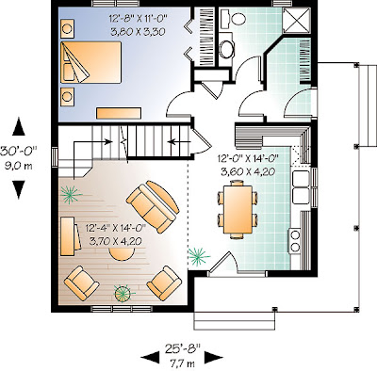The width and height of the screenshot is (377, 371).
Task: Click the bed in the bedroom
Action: tap(90, 62)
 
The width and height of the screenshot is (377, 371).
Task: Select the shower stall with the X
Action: tap(297, 20)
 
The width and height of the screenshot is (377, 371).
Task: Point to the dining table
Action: tap(238, 210)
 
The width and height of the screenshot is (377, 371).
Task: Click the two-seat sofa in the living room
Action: tap(153, 207)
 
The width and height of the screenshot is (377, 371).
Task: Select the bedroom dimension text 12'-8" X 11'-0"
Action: tap(138, 19)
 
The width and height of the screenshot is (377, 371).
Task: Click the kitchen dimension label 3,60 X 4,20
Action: tap(248, 171)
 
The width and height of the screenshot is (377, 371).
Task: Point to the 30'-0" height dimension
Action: tap(18, 151)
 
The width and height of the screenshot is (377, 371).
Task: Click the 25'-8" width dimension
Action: tap(182, 348)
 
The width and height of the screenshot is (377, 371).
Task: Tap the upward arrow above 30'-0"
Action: tap(19, 126)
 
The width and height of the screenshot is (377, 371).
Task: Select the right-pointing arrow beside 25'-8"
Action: tap(214, 358)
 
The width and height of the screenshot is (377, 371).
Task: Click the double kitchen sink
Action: tap(301, 187)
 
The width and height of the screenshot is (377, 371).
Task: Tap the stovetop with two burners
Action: tap(295, 241)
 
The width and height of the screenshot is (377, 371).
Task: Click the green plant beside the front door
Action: tap(199, 256)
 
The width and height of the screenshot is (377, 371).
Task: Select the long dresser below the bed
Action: tap(119, 113)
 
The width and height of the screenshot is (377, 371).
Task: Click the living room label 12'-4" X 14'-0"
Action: tap(115, 228)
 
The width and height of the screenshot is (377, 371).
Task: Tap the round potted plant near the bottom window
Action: tap(123, 294)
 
